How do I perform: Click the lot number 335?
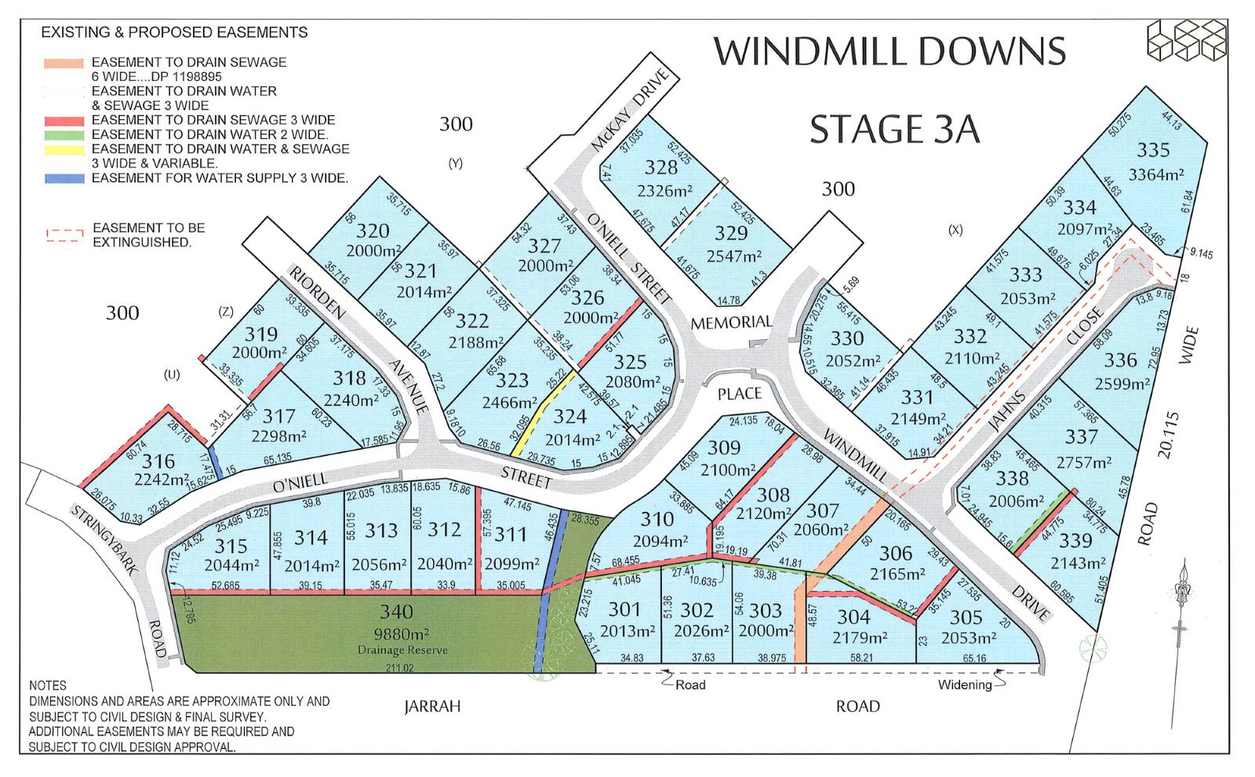pos(1153,149)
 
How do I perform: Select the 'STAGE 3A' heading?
pos(894,129)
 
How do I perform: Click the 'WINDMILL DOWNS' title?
pos(889,52)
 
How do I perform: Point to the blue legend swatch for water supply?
pos(65,179)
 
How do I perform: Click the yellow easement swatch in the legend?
pos(65,149)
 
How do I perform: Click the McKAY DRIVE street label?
pos(631,110)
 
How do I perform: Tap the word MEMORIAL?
pos(731,322)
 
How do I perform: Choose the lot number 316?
pos(158,461)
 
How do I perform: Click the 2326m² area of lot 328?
pos(664,191)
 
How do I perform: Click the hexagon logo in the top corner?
pos(1186,40)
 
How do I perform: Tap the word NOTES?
pos(48,685)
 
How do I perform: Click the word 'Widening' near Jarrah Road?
pos(965,684)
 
